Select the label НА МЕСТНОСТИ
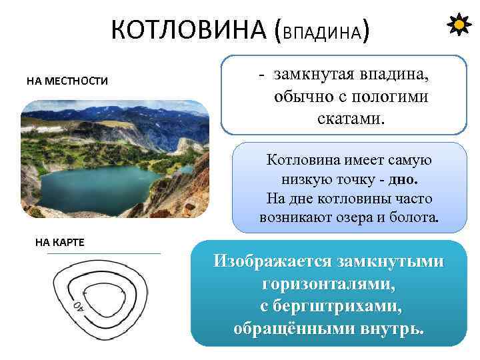(67, 81)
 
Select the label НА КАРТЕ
(59, 241)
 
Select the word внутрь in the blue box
(392, 329)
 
